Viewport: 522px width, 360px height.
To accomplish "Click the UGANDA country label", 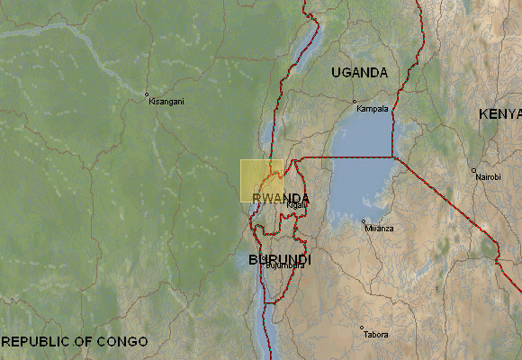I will pos(359,72).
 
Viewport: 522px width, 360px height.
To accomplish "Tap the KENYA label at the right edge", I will pos(500,113).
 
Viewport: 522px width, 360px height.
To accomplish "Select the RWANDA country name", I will pos(282,198).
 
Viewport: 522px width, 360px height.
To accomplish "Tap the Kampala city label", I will pos(373,109).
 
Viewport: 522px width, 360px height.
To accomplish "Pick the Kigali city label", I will pos(297,205).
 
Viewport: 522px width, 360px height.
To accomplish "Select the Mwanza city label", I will pos(379,229).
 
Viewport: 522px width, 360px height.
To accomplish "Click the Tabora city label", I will pos(376,335).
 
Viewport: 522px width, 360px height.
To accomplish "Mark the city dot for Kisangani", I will pos(147,94).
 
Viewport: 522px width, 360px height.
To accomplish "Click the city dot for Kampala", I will pos(355,102).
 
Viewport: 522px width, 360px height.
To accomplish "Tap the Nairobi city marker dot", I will pos(473,170).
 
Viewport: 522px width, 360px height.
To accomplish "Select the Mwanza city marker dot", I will pos(364,221).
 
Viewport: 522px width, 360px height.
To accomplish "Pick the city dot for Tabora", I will pos(362,328).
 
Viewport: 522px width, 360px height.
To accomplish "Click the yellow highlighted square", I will pos(262,180).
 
